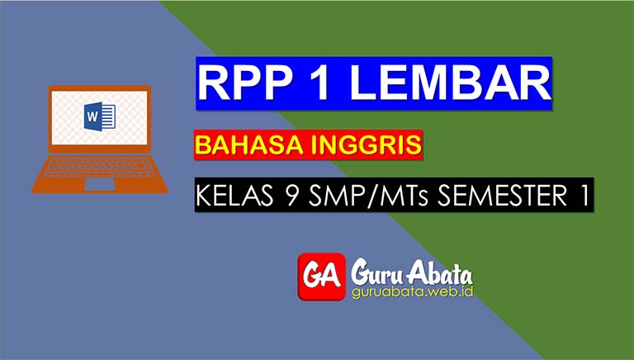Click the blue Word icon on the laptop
coord(99,116)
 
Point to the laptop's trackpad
coord(99,183)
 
